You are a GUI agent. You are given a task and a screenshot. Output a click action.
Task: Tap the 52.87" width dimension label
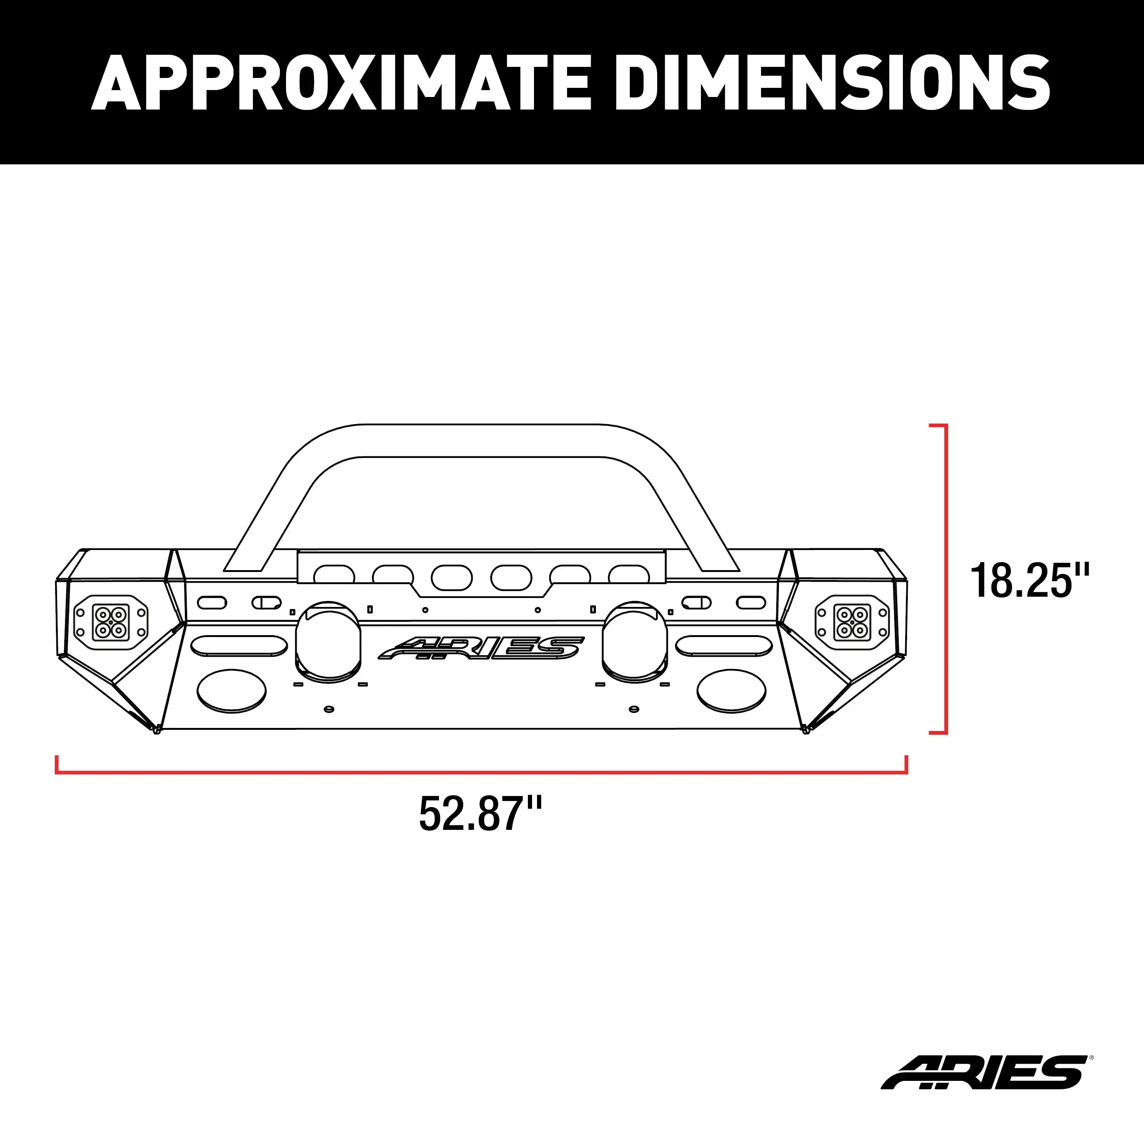[x=480, y=815]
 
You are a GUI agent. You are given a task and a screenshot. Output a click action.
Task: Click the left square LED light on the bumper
[x=111, y=622]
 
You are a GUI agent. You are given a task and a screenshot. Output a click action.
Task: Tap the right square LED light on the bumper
[x=853, y=622]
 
